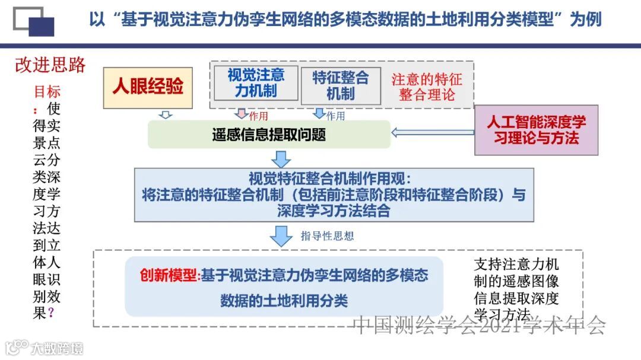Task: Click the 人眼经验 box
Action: [148, 88]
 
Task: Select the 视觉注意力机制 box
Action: [255, 83]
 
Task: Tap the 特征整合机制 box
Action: [341, 85]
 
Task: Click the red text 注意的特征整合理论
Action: [426, 87]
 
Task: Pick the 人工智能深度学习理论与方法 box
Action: [536, 130]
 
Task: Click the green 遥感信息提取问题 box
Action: [269, 135]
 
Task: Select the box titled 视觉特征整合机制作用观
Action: [334, 195]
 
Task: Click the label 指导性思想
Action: [327, 236]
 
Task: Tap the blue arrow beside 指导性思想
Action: [281, 237]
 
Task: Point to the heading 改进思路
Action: [50, 65]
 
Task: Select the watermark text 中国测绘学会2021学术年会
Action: [480, 325]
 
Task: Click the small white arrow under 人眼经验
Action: [166, 115]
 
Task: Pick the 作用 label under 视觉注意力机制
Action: [258, 116]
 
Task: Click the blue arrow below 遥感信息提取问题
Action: [281, 158]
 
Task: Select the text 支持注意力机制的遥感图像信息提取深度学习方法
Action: [516, 288]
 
